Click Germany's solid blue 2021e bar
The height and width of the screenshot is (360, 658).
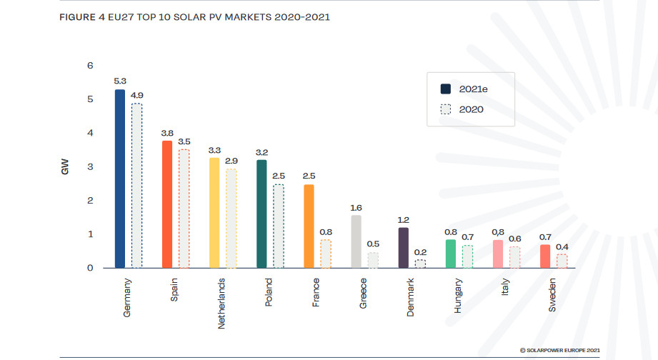[x=120, y=179]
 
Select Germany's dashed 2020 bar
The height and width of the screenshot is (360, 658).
[x=137, y=186]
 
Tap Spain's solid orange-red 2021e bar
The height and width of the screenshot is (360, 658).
[x=167, y=204]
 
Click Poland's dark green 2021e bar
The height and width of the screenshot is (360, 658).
[x=261, y=214]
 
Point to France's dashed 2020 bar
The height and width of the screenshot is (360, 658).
[x=326, y=254]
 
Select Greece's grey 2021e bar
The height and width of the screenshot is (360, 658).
[x=356, y=241]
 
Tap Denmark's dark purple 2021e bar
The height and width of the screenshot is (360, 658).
[x=403, y=248]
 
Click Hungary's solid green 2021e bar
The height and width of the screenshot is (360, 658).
[x=450, y=254]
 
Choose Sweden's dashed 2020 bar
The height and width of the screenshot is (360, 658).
[x=562, y=261]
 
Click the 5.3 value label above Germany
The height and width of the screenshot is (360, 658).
[x=120, y=82]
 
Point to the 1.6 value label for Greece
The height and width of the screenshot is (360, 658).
[x=356, y=208]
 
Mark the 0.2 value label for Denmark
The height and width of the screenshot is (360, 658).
[x=421, y=252]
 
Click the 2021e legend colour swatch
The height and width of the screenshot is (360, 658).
[x=446, y=89]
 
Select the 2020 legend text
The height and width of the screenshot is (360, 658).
[x=472, y=110]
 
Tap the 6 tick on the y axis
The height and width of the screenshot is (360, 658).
[x=90, y=66]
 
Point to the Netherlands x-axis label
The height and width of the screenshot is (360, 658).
[x=221, y=304]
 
